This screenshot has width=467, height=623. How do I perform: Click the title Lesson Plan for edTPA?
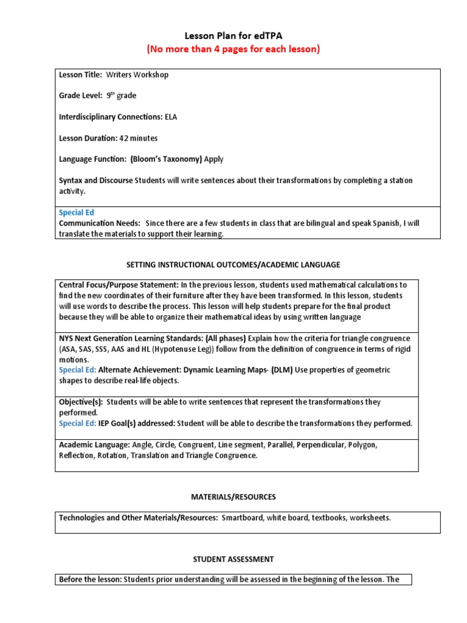coord(233,37)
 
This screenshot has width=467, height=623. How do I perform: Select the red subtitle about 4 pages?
coord(233,49)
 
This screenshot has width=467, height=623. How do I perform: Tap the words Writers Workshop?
coord(137,75)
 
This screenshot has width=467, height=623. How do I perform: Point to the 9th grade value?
coord(122,96)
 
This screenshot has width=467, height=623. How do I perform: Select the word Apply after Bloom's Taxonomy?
coord(213,159)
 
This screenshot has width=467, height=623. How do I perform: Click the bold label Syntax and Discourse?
coord(95,181)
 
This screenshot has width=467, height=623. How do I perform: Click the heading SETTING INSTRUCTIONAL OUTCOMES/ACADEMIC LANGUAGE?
coord(233,265)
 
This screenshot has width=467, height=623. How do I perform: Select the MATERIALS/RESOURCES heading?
coord(233,497)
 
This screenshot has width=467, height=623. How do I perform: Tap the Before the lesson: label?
coord(90,580)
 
